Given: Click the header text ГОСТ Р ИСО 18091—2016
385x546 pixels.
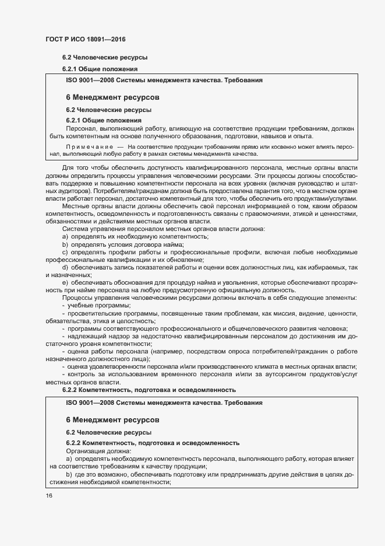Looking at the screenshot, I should (x=86, y=39).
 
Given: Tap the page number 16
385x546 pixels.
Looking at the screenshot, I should (x=48, y=495).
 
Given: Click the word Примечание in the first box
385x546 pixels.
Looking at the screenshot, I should (x=89, y=148).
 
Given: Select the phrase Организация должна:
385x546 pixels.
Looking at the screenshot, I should (x=98, y=451).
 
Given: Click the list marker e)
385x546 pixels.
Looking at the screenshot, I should (x=66, y=282).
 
